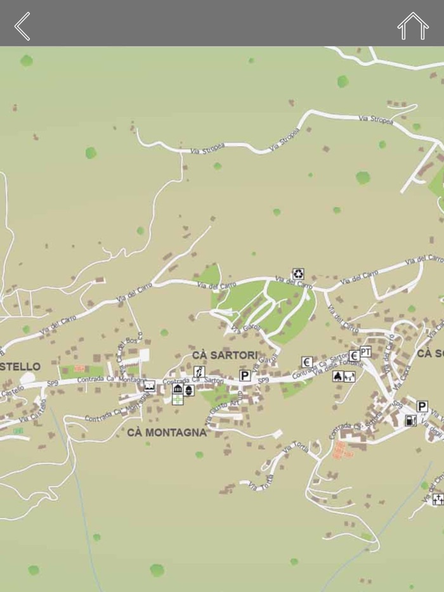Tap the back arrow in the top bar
22,26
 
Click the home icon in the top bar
413,26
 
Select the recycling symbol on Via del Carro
298,274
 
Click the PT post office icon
365,351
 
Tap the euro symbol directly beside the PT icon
354,356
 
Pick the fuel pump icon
411,420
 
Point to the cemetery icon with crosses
438,499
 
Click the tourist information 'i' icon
199,372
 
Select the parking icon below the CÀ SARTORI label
245,376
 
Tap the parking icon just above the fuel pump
422,406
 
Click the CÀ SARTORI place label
225,355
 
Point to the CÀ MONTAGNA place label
167,432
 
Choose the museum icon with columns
178,389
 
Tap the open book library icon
150,385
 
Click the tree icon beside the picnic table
338,376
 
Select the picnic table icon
349,376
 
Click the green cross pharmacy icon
178,399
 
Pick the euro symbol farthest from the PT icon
307,362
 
